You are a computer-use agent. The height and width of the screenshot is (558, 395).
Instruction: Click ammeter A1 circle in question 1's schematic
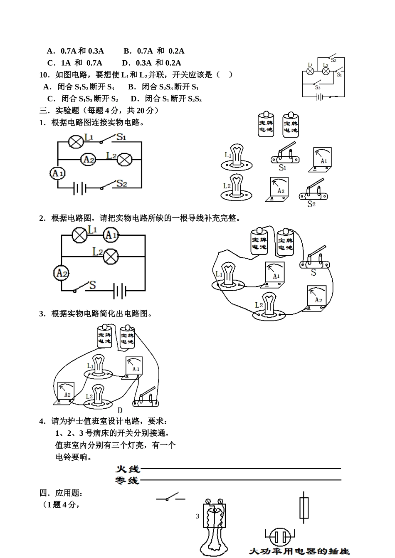click(57, 173)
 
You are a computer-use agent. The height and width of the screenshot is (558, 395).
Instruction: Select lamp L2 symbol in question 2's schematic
click(110, 256)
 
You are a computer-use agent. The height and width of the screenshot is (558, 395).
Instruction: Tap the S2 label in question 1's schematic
click(121, 183)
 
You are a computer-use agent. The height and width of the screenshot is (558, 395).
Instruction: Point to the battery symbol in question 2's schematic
click(119, 291)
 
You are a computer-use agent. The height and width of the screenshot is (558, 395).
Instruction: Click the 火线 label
click(127, 469)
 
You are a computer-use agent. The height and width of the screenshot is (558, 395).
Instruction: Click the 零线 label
click(127, 481)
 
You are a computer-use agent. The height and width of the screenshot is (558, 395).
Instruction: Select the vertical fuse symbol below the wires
click(305, 508)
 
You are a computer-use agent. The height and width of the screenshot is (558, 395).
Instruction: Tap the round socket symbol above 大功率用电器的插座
click(280, 537)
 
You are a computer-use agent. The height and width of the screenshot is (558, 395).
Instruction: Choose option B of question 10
click(163, 87)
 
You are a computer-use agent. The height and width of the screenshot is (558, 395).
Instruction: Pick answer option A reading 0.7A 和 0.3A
click(75, 51)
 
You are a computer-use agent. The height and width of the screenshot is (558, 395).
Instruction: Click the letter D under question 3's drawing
click(120, 411)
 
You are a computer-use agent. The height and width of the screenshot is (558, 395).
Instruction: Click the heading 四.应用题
click(61, 493)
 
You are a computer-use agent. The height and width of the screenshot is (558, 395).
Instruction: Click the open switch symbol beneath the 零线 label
click(170, 498)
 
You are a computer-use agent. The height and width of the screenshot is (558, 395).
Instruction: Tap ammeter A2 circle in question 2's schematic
click(61, 273)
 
